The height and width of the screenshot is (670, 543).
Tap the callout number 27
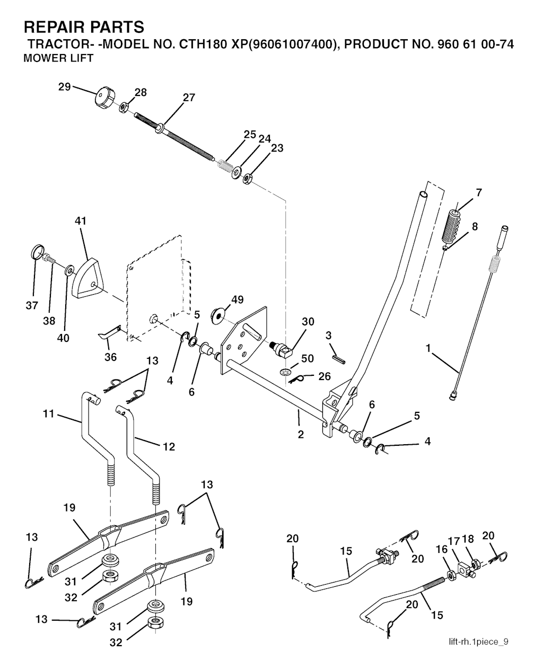coord(189,98)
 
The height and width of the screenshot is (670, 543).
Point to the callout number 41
coord(81,221)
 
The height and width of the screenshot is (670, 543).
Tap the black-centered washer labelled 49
coord(218,316)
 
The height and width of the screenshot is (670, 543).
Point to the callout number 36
coord(110,357)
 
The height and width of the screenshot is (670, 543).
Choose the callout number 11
coord(49,413)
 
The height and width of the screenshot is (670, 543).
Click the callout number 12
coord(169,447)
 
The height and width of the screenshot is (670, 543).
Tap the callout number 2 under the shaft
coord(301,435)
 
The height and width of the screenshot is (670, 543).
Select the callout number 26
coord(325,376)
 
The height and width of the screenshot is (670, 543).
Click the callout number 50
coord(308,358)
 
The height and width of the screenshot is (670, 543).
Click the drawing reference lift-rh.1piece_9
coord(478,642)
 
